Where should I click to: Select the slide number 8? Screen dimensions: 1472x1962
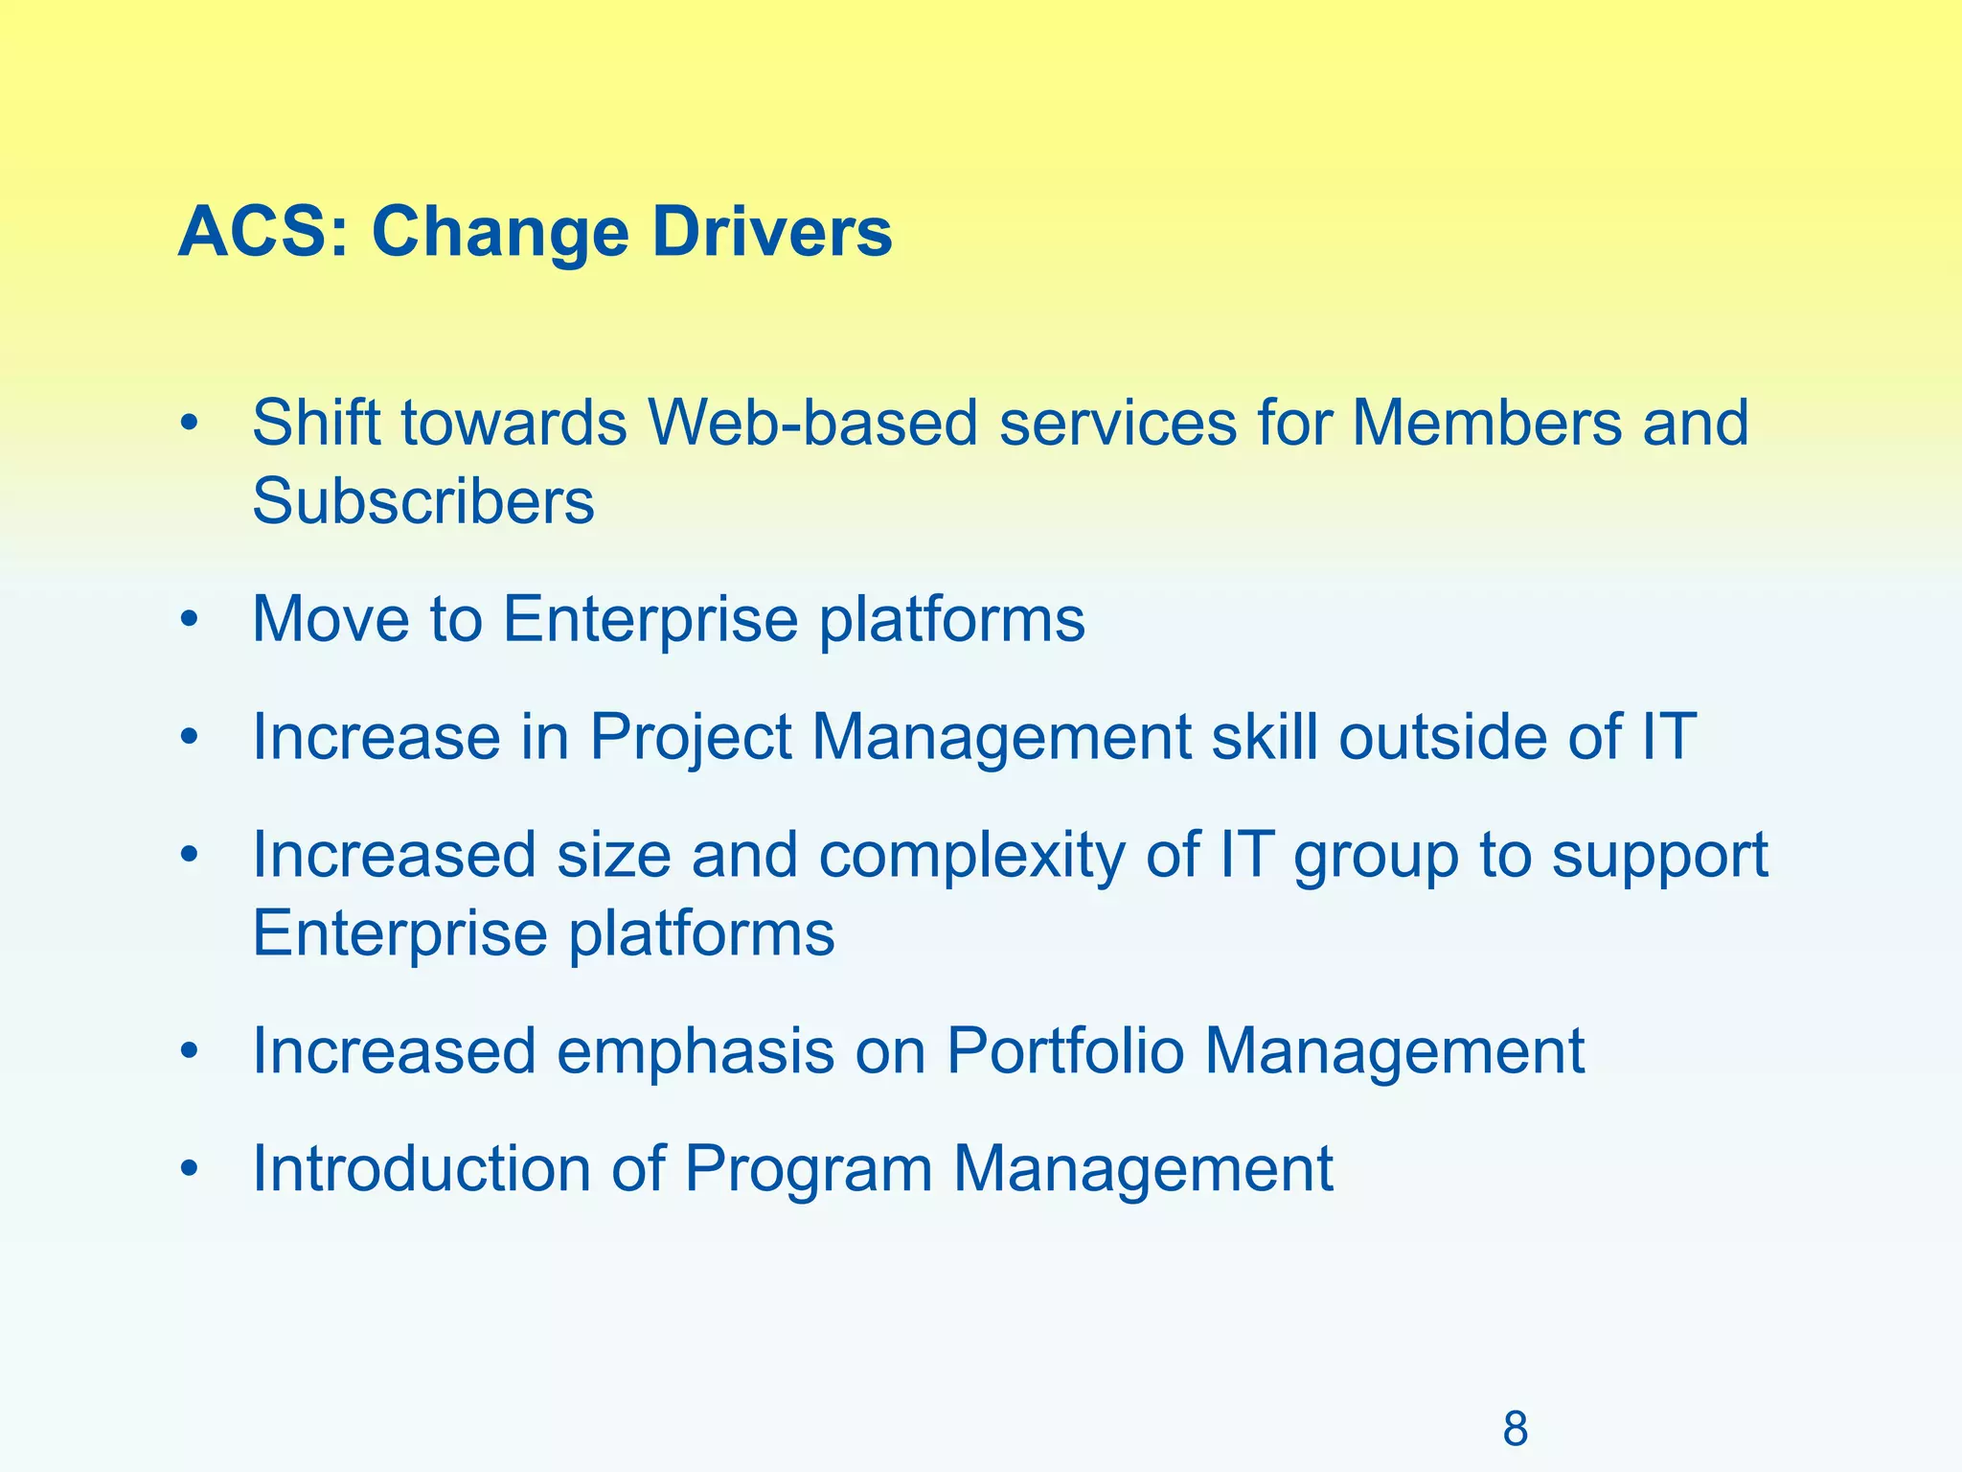(x=1515, y=1429)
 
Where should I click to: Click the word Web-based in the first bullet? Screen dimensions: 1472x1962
(x=812, y=423)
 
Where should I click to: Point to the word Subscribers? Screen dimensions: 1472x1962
(x=422, y=501)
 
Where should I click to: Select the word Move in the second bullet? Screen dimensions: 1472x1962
(x=331, y=619)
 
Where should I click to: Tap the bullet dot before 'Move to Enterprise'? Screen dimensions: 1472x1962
(x=190, y=620)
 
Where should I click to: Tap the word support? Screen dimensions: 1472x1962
(x=1659, y=857)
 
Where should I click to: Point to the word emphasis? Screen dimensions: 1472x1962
(x=696, y=1052)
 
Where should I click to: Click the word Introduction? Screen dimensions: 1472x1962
(x=422, y=1169)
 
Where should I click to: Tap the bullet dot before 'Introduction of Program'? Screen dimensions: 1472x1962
(x=190, y=1169)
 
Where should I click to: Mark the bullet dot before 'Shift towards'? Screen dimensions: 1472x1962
(x=190, y=423)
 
